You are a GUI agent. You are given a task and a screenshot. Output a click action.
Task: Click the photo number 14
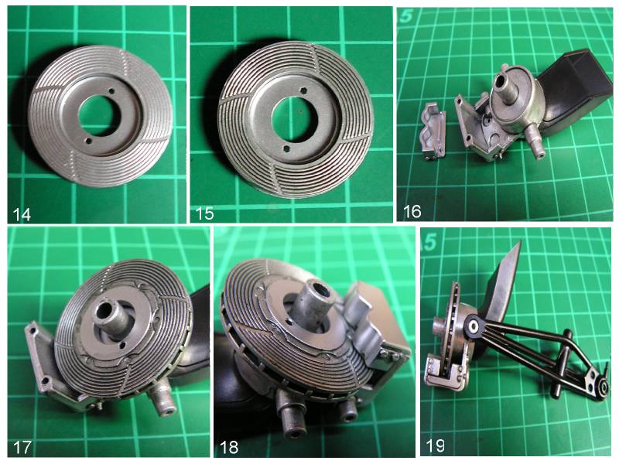22,215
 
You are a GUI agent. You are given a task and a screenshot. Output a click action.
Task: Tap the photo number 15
204,213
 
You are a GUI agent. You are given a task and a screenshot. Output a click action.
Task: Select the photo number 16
412,212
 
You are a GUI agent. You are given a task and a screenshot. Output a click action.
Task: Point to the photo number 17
22,448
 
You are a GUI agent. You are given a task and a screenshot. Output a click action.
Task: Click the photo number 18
229,448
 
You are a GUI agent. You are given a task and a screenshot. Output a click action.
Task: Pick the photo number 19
435,446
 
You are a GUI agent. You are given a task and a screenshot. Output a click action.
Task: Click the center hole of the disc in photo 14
99,115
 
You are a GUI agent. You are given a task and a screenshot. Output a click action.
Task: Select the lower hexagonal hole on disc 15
287,148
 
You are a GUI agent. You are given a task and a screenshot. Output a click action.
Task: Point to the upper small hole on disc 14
111,90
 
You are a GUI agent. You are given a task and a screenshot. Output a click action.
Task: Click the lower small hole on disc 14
88,141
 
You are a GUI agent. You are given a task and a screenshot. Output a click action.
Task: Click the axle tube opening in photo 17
104,311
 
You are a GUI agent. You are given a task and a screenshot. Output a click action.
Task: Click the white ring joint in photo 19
473,326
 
